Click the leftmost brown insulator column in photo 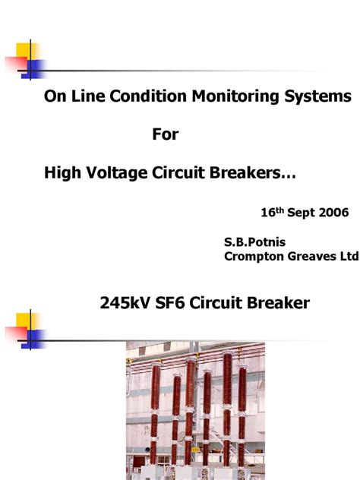[156, 410]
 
